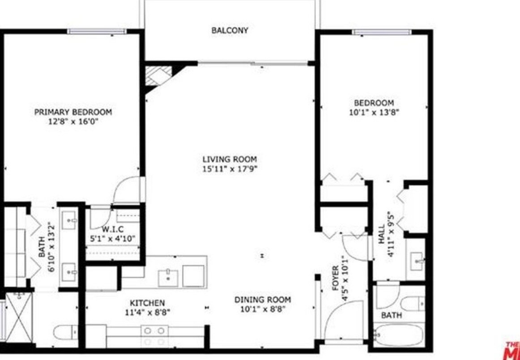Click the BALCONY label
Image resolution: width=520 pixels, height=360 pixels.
(230, 31)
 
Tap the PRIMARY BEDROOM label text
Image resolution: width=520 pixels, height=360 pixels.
(73, 112)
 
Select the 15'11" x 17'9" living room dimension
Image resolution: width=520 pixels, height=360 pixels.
(230, 169)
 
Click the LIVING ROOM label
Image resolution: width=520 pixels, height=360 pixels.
(230, 159)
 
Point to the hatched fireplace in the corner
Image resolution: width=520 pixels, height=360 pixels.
(159, 74)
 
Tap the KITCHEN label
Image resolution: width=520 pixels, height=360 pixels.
(147, 303)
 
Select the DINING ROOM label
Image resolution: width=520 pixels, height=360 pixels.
(262, 300)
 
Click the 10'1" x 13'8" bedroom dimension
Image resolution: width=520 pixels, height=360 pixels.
(374, 113)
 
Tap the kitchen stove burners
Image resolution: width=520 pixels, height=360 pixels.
(154, 336)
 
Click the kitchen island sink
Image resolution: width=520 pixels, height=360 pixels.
(169, 278)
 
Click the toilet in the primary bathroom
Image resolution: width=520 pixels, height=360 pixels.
(65, 333)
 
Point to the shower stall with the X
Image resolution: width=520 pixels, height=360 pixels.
(19, 318)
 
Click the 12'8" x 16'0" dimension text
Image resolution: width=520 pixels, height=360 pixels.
(73, 121)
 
